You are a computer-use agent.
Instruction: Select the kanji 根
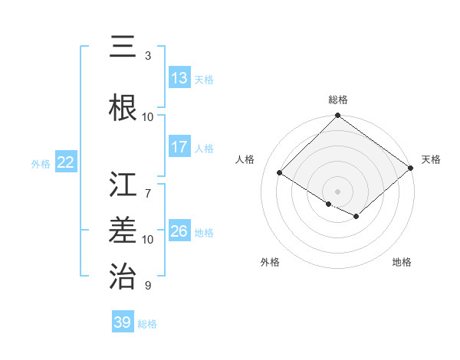point(123,107)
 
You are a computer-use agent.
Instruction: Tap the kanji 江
point(123,186)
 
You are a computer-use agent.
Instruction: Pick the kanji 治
point(123,275)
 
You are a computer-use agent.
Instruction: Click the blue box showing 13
point(179,78)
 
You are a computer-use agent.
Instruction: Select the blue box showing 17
point(179,147)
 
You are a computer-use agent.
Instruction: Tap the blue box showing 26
point(179,231)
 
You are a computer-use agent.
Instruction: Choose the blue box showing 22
point(66,162)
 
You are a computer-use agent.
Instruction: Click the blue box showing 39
point(122,322)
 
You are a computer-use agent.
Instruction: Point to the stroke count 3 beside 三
point(148,56)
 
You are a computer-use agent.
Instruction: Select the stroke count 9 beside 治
point(148,286)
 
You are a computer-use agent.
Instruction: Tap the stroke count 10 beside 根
point(148,117)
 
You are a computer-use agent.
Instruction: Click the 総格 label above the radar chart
point(337,100)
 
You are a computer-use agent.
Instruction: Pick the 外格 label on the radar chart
point(270,262)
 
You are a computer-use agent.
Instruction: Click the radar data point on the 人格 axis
point(280,173)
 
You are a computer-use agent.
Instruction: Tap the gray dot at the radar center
point(337,191)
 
